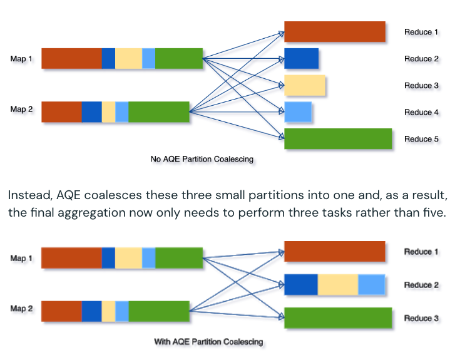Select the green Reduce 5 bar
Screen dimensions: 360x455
point(338,139)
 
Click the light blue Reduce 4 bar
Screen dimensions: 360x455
point(298,112)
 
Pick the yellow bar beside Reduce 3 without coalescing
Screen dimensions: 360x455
point(305,85)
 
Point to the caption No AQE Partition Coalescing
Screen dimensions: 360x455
point(202,159)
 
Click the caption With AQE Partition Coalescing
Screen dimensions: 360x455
point(208,342)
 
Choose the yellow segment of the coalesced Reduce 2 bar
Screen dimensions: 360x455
point(338,284)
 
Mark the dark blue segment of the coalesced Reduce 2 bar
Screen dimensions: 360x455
point(301,284)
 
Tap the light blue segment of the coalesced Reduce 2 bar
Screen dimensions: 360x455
point(371,284)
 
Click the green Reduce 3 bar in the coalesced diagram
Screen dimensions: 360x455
point(338,318)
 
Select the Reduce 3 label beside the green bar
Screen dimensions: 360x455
point(417,318)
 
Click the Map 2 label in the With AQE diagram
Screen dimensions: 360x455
point(21,309)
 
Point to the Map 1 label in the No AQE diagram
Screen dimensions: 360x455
point(21,59)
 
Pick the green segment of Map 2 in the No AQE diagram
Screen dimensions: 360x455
point(159,112)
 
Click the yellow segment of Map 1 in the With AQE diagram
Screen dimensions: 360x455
point(128,258)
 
